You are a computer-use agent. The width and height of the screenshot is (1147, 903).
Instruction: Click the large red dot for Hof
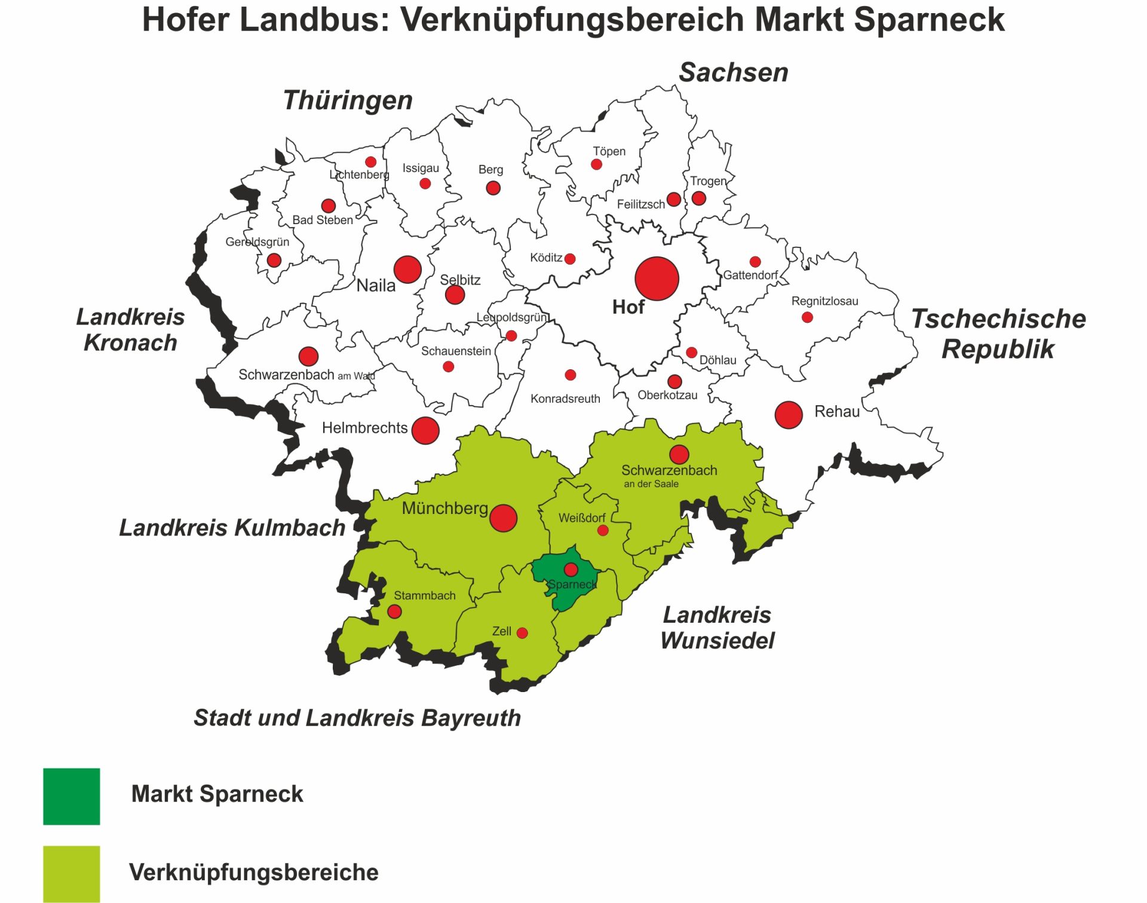(x=657, y=278)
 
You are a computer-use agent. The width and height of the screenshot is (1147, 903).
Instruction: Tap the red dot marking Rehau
(x=788, y=415)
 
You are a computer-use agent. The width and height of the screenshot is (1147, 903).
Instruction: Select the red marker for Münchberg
(x=503, y=518)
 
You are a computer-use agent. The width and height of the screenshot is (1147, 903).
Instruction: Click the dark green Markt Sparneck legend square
(x=71, y=796)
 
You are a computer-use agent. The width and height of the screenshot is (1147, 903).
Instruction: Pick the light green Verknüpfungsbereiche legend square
(x=71, y=873)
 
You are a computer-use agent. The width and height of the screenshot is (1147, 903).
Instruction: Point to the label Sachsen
(x=733, y=72)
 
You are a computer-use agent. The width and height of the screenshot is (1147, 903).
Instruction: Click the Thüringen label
(x=348, y=100)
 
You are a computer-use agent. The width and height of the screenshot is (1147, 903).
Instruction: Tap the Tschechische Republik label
(x=998, y=333)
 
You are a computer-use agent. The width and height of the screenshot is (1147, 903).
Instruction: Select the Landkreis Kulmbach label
(x=232, y=528)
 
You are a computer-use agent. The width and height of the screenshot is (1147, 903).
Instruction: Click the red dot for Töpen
(x=596, y=164)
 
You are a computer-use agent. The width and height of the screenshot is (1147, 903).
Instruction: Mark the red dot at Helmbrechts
(x=425, y=430)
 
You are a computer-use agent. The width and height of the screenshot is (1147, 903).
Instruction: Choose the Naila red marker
(x=407, y=270)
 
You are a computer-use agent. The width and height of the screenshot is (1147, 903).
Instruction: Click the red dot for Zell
(x=522, y=633)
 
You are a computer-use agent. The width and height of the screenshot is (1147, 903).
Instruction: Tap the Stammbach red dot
(x=394, y=611)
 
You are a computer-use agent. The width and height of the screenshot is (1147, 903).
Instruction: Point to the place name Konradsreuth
(x=565, y=399)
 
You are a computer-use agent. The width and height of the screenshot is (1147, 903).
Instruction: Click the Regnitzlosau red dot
(x=807, y=317)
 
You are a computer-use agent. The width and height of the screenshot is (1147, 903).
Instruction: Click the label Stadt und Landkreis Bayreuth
(x=357, y=718)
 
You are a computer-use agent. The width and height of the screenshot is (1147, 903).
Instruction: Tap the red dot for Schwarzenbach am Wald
(x=308, y=356)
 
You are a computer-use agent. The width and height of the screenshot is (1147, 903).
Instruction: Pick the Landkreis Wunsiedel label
(x=717, y=627)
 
